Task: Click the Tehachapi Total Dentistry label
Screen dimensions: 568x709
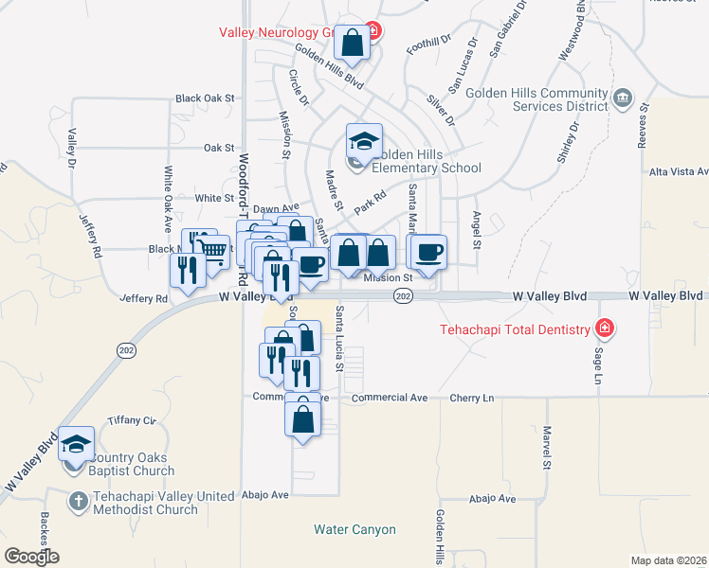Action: (x=515, y=329)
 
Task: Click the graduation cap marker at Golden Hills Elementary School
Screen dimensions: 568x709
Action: (x=364, y=143)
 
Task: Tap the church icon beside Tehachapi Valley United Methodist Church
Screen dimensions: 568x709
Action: (x=79, y=498)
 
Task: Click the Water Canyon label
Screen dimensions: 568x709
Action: (x=354, y=529)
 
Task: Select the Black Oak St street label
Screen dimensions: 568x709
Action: (x=204, y=98)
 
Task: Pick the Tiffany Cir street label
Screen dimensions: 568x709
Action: (x=131, y=419)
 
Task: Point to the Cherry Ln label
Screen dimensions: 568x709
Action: (x=472, y=399)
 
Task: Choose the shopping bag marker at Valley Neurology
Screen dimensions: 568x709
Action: (x=353, y=43)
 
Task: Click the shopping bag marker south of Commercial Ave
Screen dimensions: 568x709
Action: (x=302, y=417)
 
